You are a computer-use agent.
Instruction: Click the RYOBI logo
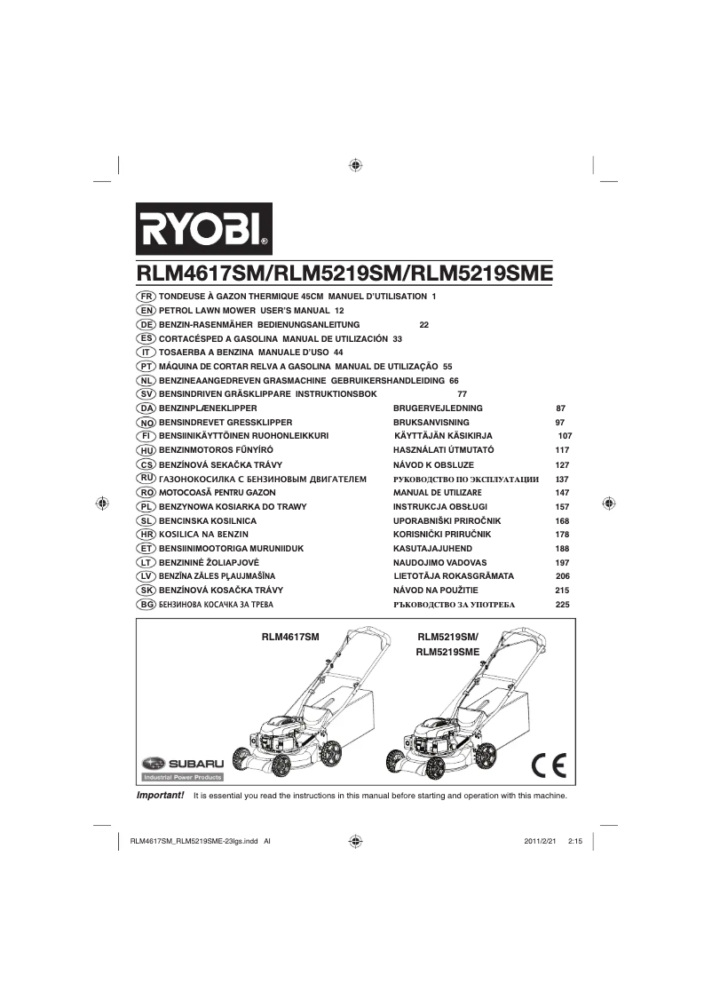(203, 229)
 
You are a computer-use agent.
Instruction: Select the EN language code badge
(146, 311)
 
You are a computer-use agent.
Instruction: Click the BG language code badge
(146, 604)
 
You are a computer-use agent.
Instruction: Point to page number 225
(561, 605)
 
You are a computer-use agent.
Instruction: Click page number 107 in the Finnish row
(565, 437)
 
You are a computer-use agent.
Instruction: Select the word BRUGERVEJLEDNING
(439, 408)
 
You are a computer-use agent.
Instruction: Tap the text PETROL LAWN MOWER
(207, 311)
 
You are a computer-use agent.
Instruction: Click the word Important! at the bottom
(160, 795)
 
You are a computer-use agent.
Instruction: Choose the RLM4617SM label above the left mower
(289, 638)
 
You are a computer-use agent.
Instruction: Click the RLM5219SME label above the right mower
(447, 652)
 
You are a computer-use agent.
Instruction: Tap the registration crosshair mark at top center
(355, 165)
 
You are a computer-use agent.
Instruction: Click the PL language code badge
(146, 506)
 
